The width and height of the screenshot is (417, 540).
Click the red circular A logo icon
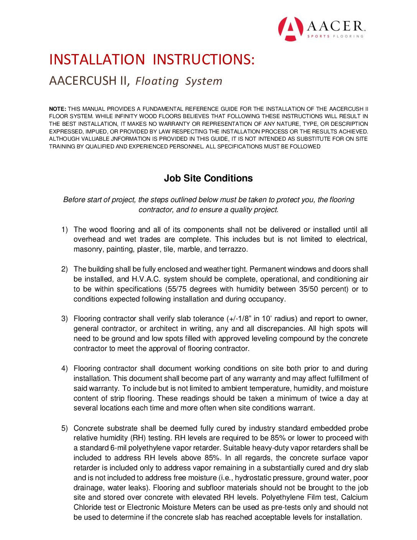point(290,29)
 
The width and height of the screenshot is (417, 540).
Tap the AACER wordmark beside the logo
point(335,26)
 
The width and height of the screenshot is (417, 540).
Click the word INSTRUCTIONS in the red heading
point(203,60)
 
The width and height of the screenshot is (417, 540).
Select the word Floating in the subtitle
point(157,81)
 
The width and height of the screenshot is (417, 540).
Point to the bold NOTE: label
point(57,109)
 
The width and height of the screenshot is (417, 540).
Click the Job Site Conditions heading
point(208,178)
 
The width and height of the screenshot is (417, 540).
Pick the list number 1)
point(64,230)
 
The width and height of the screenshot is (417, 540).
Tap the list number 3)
point(64,319)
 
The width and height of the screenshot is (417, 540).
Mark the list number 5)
point(64,428)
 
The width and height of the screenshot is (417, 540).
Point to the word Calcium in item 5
point(355,497)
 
